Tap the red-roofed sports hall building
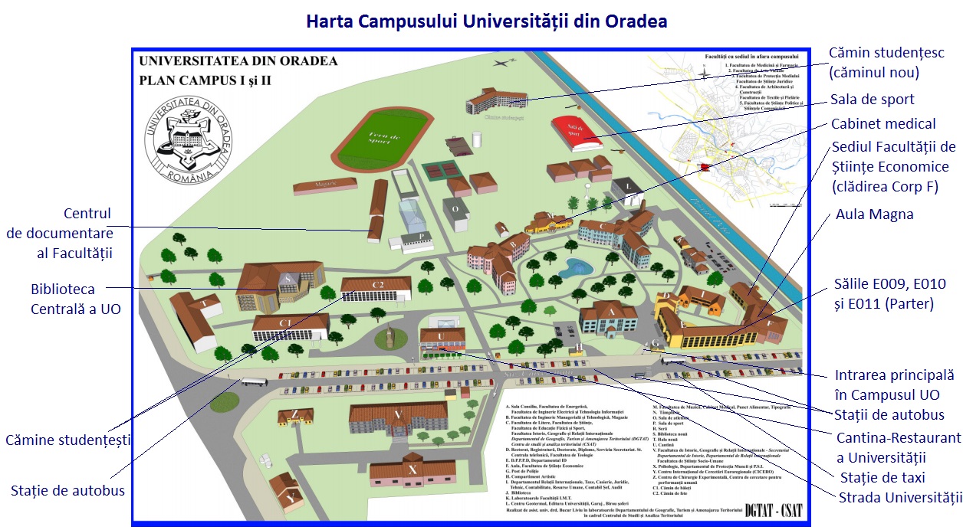(576, 132)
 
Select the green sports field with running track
(383, 135)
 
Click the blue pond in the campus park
(574, 267)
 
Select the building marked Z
(295, 418)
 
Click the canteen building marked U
(442, 339)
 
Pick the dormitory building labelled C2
(376, 289)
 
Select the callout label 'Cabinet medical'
(883, 124)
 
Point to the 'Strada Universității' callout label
(900, 498)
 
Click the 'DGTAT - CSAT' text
(775, 509)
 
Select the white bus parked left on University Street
(253, 381)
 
